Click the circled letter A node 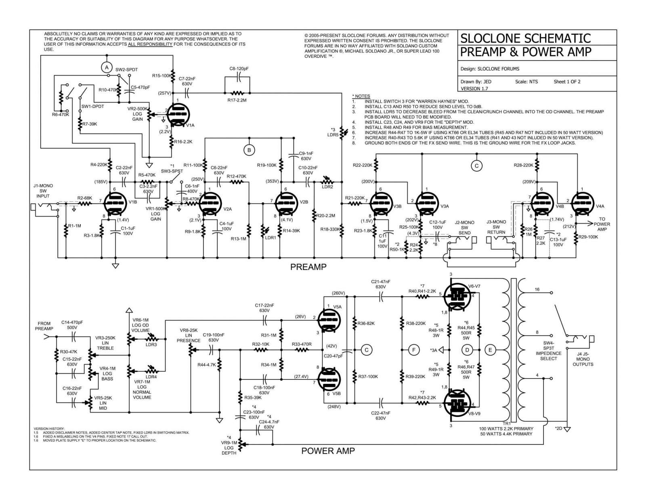[107, 67]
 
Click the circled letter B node [249, 150]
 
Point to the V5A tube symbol [329, 320]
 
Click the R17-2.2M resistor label [237, 99]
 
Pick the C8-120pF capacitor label [239, 69]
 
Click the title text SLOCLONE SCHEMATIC [525, 38]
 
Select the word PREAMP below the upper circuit [308, 267]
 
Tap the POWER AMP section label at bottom [328, 451]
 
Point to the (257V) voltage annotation [165, 93]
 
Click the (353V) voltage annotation [273, 181]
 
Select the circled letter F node [414, 350]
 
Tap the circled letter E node [490, 350]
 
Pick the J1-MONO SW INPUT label [43, 191]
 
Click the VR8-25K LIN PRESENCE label [189, 335]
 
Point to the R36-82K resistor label [367, 323]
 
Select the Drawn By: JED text [476, 82]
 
